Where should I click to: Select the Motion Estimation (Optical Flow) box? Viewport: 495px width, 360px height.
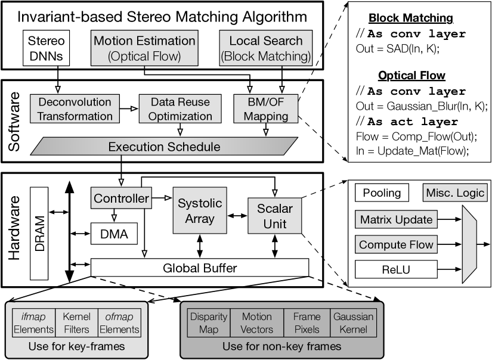click(x=144, y=48)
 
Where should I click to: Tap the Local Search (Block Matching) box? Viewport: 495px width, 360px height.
click(x=265, y=48)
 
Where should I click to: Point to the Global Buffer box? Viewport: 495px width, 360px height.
click(x=199, y=268)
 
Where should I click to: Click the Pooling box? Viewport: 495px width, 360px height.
click(x=382, y=194)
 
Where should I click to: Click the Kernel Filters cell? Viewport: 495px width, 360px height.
click(x=76, y=322)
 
